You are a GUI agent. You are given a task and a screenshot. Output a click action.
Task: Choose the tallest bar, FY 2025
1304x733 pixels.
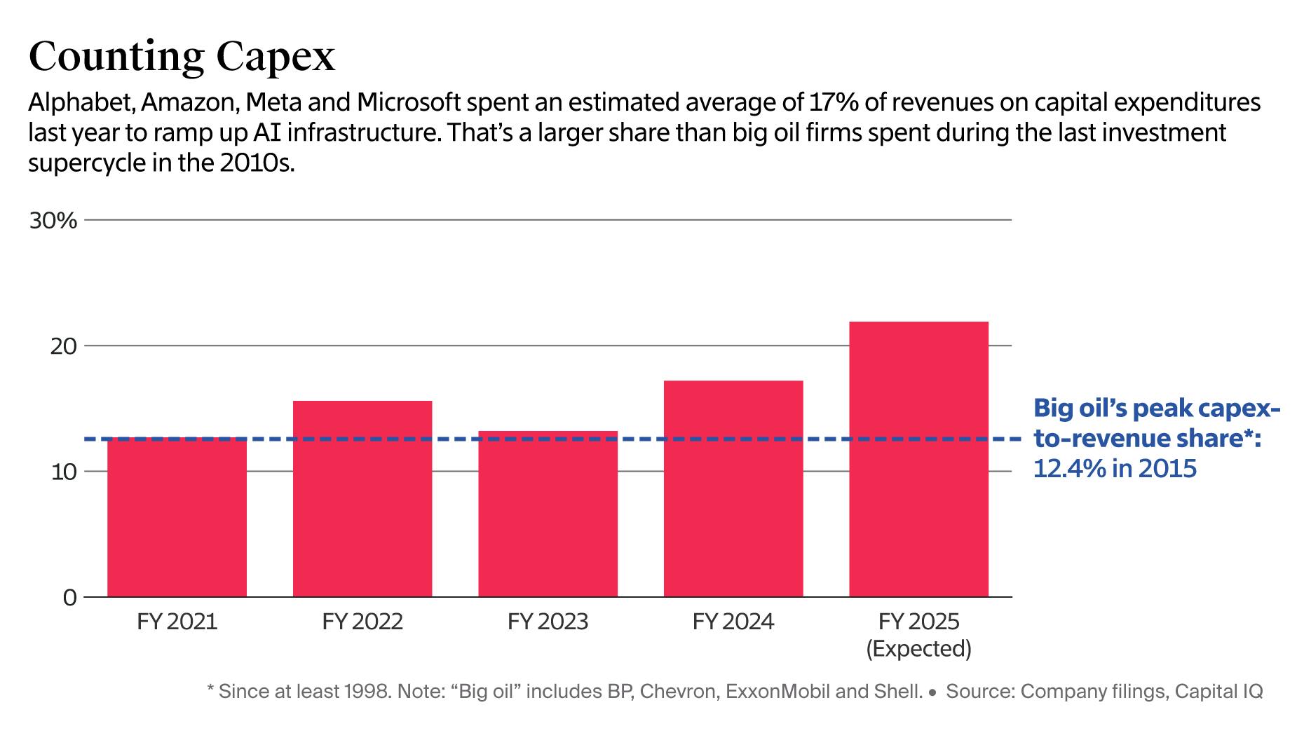pyautogui.click(x=918, y=459)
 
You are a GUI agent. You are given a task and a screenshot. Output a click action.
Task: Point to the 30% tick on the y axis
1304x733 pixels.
pyautogui.click(x=53, y=221)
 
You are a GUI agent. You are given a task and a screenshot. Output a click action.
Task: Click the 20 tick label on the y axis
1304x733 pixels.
pyautogui.click(x=62, y=346)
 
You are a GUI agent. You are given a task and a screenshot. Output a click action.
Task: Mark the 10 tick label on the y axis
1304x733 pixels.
pyautogui.click(x=62, y=472)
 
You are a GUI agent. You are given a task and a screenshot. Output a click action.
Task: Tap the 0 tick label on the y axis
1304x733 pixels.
pyautogui.click(x=69, y=598)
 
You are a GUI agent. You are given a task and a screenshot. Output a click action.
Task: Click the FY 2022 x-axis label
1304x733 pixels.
pyautogui.click(x=362, y=622)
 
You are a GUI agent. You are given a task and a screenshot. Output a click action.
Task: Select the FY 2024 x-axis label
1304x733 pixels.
pyautogui.click(x=733, y=622)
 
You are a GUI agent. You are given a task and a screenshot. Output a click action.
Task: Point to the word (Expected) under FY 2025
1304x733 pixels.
pyautogui.click(x=918, y=649)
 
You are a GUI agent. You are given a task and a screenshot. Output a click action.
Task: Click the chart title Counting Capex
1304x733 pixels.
pyautogui.click(x=182, y=57)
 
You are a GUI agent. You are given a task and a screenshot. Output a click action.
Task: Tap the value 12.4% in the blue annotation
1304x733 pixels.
pyautogui.click(x=1070, y=468)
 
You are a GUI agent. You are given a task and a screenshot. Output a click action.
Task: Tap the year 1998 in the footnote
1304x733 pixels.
pyautogui.click(x=367, y=692)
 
